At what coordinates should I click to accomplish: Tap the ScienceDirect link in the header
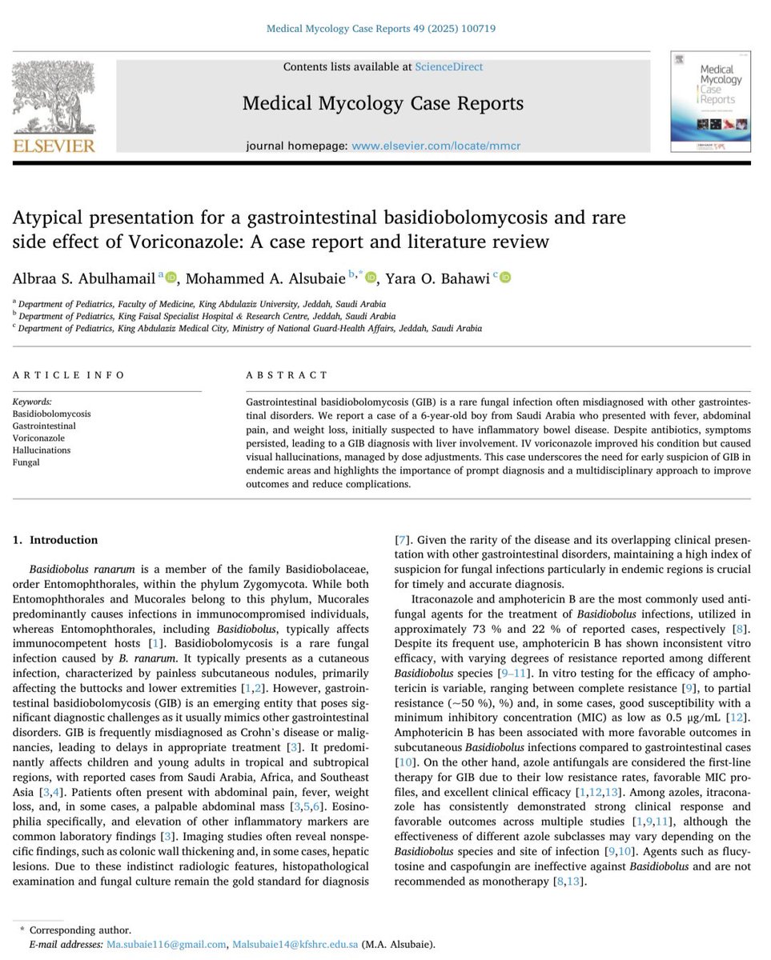point(448,66)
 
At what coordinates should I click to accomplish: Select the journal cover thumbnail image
point(710,102)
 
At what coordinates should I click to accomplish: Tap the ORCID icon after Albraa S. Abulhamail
point(171,277)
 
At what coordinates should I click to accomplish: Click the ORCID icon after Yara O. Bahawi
point(505,277)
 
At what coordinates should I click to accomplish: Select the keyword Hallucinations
point(42,450)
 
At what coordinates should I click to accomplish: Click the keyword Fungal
point(26,462)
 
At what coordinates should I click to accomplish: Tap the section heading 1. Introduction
point(54,540)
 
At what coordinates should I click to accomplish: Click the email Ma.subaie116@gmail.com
point(165,945)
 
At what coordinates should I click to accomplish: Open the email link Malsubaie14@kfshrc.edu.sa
point(295,945)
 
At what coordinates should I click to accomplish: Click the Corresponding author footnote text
point(79,930)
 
